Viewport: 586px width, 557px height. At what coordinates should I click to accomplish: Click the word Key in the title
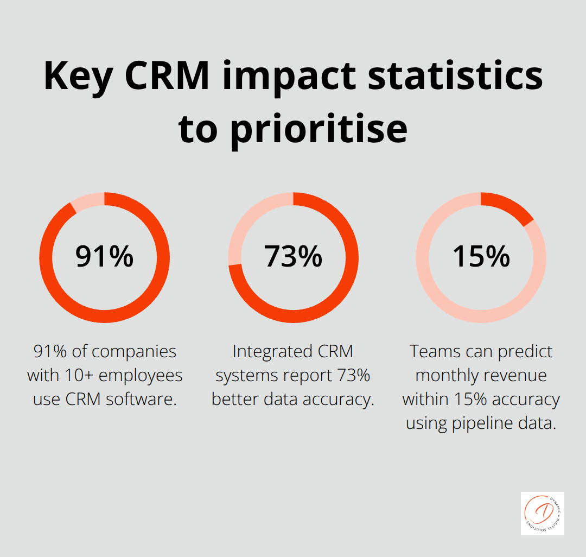(x=79, y=76)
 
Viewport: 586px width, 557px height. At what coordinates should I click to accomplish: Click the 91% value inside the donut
(x=104, y=257)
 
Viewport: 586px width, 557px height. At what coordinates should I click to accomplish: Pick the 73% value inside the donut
(x=293, y=257)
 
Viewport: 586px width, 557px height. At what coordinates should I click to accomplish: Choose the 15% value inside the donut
(x=481, y=257)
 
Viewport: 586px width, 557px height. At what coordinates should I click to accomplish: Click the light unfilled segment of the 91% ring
(x=87, y=201)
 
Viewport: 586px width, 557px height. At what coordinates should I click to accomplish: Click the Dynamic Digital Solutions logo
(x=542, y=514)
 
